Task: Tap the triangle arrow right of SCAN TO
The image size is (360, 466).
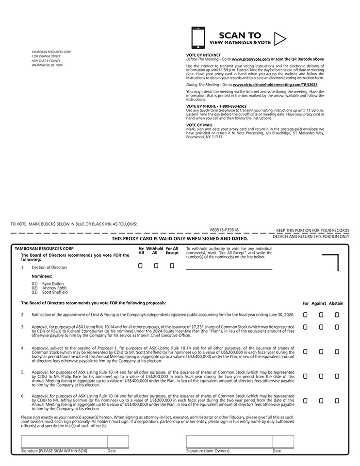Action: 280,38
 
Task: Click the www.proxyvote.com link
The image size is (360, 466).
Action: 250,59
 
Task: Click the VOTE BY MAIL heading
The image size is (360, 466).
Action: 199,125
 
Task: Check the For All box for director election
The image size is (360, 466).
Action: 140,266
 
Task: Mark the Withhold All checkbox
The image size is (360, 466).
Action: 156,266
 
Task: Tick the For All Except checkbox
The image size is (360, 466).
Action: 172,266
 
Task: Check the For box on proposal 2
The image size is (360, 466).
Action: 305,315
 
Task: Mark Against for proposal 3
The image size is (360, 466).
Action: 321,327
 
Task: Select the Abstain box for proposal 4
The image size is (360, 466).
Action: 337,351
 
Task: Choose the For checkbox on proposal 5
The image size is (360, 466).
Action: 305,376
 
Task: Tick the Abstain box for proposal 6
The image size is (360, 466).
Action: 337,400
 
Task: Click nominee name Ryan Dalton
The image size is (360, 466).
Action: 53,283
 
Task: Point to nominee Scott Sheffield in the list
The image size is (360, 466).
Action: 55,292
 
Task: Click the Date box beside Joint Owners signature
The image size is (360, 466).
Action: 283,442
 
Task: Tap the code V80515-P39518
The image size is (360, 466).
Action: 224,230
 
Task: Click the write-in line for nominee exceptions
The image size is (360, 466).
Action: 229,267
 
